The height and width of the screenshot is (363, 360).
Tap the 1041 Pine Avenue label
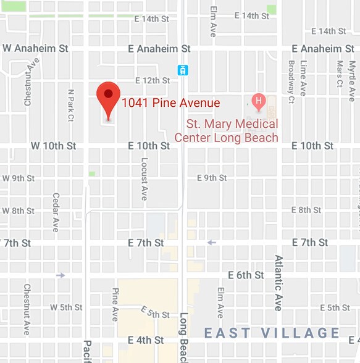170,103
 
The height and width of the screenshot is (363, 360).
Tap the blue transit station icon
183,70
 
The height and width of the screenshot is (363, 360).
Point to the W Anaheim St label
35,48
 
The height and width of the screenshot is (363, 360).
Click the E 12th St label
152,80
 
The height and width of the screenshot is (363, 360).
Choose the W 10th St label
53,146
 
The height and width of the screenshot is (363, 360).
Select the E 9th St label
212,178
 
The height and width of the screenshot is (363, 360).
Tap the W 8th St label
18,211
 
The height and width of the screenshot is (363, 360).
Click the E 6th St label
246,275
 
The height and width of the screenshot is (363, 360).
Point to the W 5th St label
66,307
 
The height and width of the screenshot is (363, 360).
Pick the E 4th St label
146,340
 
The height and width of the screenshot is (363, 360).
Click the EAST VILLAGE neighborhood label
272,333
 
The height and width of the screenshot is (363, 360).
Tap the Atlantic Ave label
278,283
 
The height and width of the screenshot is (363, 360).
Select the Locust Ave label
144,178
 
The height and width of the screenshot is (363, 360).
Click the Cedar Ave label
56,212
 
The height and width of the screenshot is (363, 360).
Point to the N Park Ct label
71,105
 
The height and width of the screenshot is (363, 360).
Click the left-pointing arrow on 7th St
212,243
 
